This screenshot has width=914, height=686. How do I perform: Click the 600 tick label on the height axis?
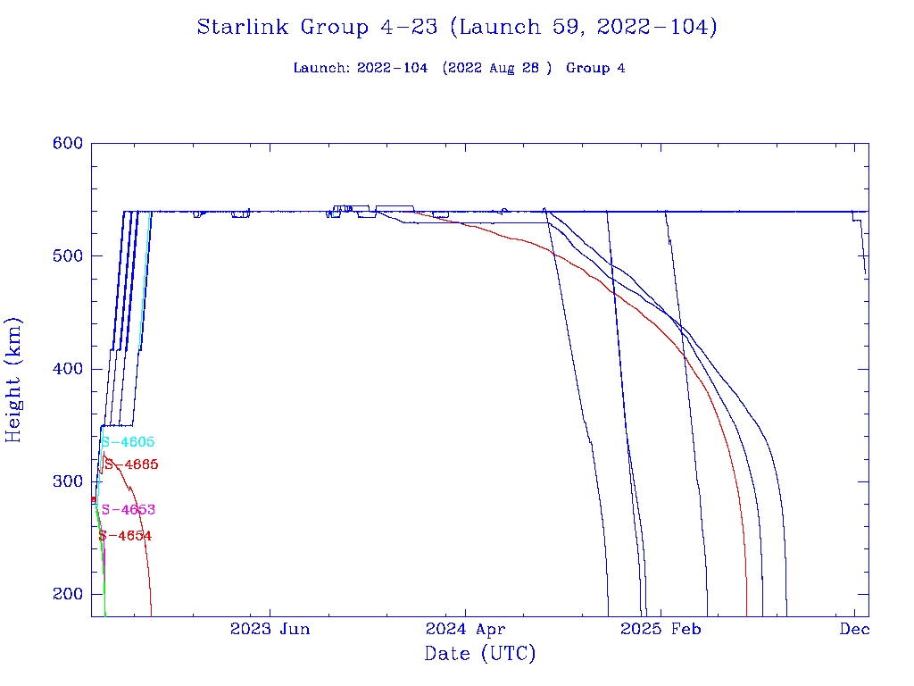[67, 144]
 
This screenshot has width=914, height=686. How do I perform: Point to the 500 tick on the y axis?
[67, 256]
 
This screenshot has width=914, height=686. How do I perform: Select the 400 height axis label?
[67, 369]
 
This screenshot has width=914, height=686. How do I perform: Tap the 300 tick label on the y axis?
[67, 481]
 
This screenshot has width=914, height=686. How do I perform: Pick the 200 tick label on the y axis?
[67, 594]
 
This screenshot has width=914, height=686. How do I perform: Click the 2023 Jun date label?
[270, 629]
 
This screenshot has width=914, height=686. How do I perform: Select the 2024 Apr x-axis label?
[465, 629]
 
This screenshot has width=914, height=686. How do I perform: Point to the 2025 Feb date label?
[661, 629]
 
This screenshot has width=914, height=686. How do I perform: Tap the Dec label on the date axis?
[854, 629]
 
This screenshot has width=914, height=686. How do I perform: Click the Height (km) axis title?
[14, 380]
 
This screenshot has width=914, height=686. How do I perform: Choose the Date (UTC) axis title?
[480, 654]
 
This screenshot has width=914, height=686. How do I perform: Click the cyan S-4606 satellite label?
[128, 442]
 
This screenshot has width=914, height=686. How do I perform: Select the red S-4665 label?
[131, 464]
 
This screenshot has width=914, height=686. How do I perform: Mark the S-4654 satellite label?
[125, 536]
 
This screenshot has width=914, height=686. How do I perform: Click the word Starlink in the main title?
[244, 28]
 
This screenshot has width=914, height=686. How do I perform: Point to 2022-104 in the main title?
[654, 28]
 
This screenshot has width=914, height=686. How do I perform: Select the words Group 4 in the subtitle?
[595, 69]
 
